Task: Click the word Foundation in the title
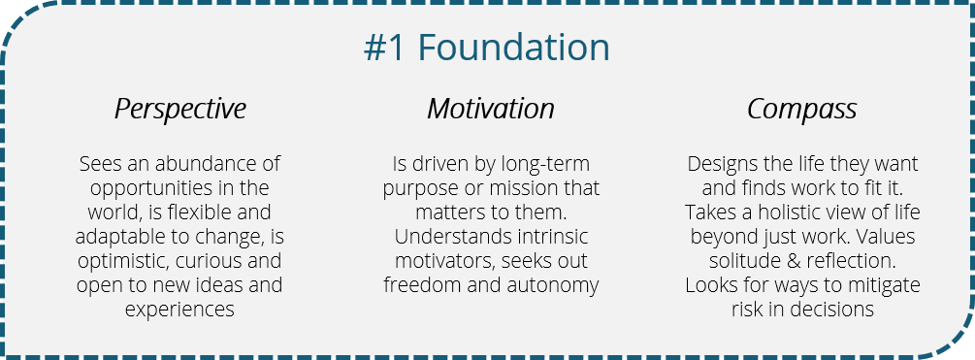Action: (515, 49)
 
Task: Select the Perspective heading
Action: (180, 109)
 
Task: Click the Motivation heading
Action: (491, 109)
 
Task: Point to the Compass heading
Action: (801, 109)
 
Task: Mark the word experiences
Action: (180, 311)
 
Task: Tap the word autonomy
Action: (554, 285)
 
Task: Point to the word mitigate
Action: (882, 285)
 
